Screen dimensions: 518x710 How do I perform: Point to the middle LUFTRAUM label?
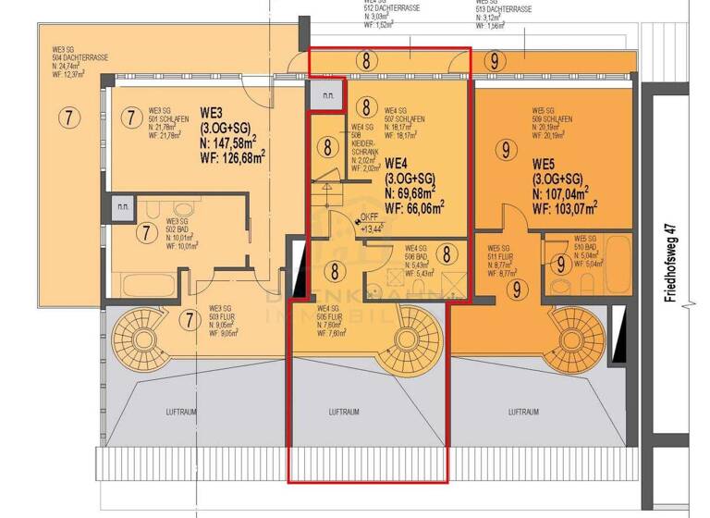(343, 412)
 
